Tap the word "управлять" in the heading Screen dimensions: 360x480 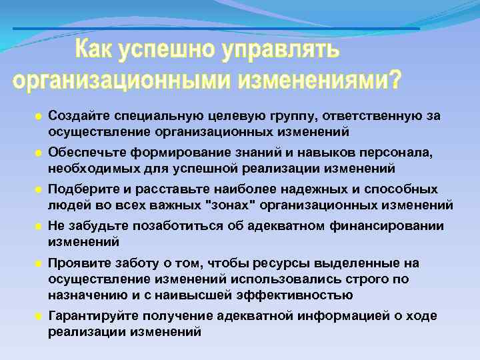click(x=287, y=50)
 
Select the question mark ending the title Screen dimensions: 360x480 click(x=395, y=80)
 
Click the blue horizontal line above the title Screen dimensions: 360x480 click(x=216, y=29)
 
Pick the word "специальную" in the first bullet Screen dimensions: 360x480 click(x=149, y=116)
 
